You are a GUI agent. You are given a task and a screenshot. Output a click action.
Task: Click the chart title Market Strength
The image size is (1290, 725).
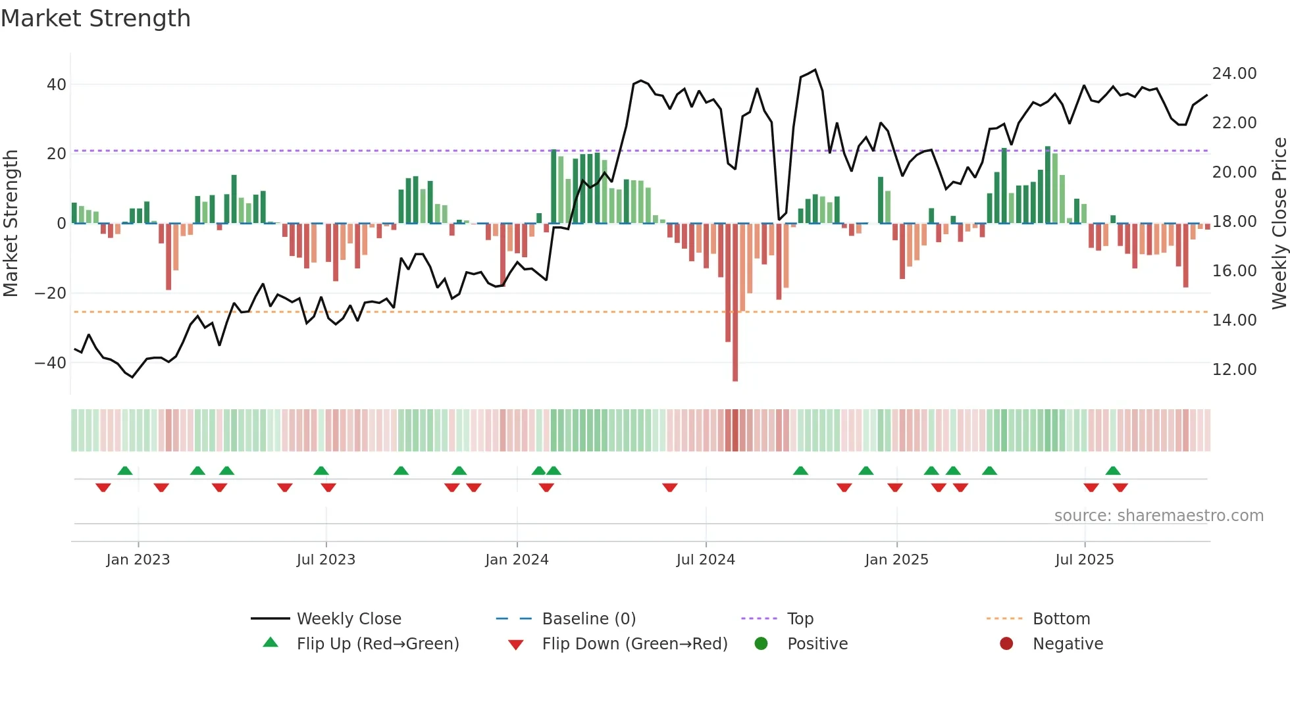95,18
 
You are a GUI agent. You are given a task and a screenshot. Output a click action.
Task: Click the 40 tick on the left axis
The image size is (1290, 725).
56,85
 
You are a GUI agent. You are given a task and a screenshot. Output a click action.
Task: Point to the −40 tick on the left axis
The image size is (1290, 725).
50,362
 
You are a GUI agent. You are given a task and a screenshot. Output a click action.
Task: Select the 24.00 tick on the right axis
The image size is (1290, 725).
1234,74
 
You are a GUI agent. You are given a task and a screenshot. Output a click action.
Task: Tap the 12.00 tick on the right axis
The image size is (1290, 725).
1234,370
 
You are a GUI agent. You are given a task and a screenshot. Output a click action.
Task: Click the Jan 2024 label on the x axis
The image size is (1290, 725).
517,560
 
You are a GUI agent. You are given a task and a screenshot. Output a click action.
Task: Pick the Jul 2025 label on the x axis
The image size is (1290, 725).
1084,560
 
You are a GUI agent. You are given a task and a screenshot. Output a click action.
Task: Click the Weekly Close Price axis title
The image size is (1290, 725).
1279,223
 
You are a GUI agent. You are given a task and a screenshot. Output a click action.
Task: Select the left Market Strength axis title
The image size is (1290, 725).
11,223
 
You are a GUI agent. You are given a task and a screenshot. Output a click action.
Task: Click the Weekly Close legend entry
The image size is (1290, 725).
348,619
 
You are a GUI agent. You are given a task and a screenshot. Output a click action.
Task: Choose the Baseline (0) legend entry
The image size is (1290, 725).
588,619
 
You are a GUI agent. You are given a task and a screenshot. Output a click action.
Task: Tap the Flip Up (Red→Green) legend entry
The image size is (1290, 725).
377,644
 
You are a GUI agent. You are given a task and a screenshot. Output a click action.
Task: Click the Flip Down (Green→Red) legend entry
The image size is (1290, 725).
634,644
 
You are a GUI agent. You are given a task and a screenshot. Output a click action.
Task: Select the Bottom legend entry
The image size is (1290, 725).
1061,619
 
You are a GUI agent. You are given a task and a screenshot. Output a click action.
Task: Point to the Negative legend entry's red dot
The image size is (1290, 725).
1006,644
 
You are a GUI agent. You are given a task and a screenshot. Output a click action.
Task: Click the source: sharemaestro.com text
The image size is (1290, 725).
1158,516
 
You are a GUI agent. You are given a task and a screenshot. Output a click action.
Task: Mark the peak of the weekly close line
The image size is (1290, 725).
815,70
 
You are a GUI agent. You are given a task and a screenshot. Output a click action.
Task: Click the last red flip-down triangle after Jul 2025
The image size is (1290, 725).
1120,488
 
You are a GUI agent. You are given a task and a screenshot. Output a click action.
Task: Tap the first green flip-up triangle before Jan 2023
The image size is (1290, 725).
125,470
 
